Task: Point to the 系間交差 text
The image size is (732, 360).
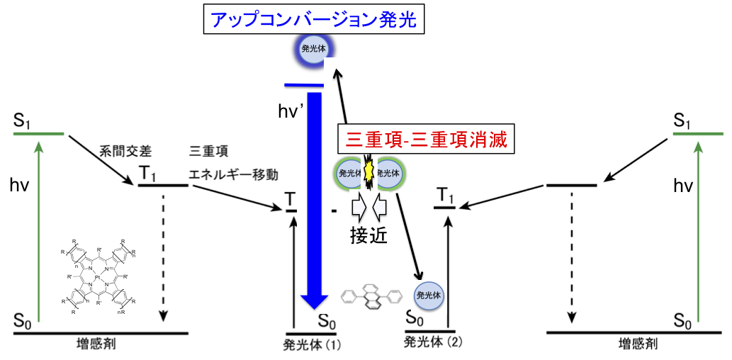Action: coord(126,151)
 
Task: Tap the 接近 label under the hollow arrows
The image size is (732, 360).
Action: coord(368,237)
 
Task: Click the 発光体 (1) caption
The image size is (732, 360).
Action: coord(312,345)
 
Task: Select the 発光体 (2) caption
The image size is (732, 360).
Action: coord(432,342)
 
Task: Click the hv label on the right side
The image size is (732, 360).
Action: coord(683,186)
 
